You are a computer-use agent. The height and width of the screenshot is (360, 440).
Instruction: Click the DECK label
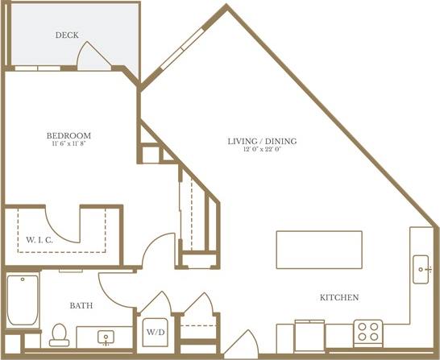tap(66, 35)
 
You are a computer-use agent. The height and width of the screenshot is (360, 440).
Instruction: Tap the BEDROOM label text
tap(68, 134)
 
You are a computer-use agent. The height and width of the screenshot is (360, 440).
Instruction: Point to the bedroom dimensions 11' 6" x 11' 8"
tap(68, 144)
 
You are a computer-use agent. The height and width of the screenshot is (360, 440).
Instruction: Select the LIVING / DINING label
tap(262, 142)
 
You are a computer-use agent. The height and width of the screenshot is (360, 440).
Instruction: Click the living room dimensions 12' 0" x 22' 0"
tap(262, 151)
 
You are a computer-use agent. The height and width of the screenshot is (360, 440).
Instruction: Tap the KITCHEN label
tap(339, 298)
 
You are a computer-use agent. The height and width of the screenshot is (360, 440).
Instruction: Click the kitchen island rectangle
tap(319, 250)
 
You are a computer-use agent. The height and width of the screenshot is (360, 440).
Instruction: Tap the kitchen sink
tap(422, 269)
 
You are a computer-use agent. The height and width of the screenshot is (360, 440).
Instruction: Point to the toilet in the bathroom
tap(58, 333)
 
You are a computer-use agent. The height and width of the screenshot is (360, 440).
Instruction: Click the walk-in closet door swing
tap(60, 217)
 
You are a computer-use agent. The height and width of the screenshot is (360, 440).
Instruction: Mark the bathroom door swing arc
tap(113, 287)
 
